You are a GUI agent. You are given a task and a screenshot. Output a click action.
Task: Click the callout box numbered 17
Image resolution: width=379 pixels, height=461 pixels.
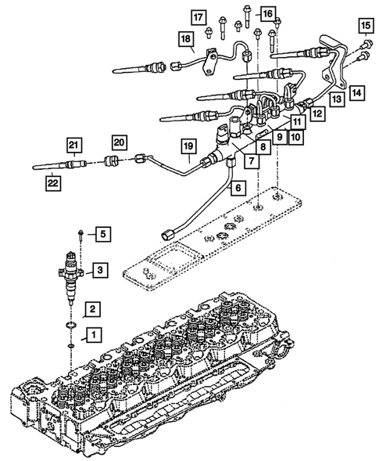pos(198,17)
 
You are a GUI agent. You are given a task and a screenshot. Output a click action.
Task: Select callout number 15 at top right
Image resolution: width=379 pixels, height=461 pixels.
pos(366,25)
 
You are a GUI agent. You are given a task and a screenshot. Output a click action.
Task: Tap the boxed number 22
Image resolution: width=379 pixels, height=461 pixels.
pos(53,183)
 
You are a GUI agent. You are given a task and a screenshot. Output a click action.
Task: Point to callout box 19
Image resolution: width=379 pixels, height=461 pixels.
pos(188,146)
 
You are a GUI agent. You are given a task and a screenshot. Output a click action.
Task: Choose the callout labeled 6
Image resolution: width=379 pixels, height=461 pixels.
pos(238,187)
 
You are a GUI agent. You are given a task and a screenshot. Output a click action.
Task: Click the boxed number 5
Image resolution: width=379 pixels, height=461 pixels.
pos(102,234)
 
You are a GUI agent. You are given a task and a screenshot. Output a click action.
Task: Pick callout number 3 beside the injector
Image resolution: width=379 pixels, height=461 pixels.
pos(100,270)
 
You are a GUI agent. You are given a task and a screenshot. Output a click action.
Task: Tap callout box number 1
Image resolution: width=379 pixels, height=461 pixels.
pos(94,335)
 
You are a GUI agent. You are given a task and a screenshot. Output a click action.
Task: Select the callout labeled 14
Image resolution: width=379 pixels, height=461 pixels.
pos(356,93)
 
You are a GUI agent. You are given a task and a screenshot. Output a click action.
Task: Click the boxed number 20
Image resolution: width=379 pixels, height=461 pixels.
pos(119,142)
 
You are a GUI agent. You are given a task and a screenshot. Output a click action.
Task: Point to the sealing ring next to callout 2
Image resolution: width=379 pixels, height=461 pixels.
pos(71,325)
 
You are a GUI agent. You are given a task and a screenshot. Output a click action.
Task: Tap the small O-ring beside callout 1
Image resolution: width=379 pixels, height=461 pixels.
pos(71,345)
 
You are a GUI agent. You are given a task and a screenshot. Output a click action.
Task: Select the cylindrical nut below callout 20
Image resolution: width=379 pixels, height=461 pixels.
pos(111,160)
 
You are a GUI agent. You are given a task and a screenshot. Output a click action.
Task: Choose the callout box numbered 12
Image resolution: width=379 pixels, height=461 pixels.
pos(318,113)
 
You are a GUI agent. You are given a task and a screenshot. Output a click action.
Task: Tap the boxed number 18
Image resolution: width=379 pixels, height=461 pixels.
pos(186,39)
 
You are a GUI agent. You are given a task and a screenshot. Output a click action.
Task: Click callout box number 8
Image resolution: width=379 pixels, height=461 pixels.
pos(263,146)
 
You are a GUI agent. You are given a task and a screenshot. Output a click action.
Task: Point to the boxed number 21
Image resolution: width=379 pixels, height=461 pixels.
pos(74,145)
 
